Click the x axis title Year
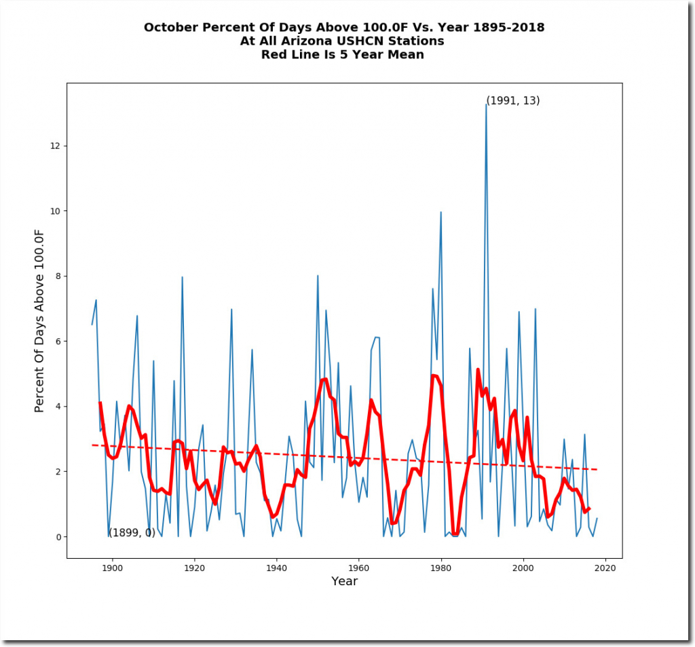point(344,582)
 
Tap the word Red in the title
point(274,55)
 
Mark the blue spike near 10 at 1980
point(441,212)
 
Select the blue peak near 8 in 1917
point(182,277)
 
